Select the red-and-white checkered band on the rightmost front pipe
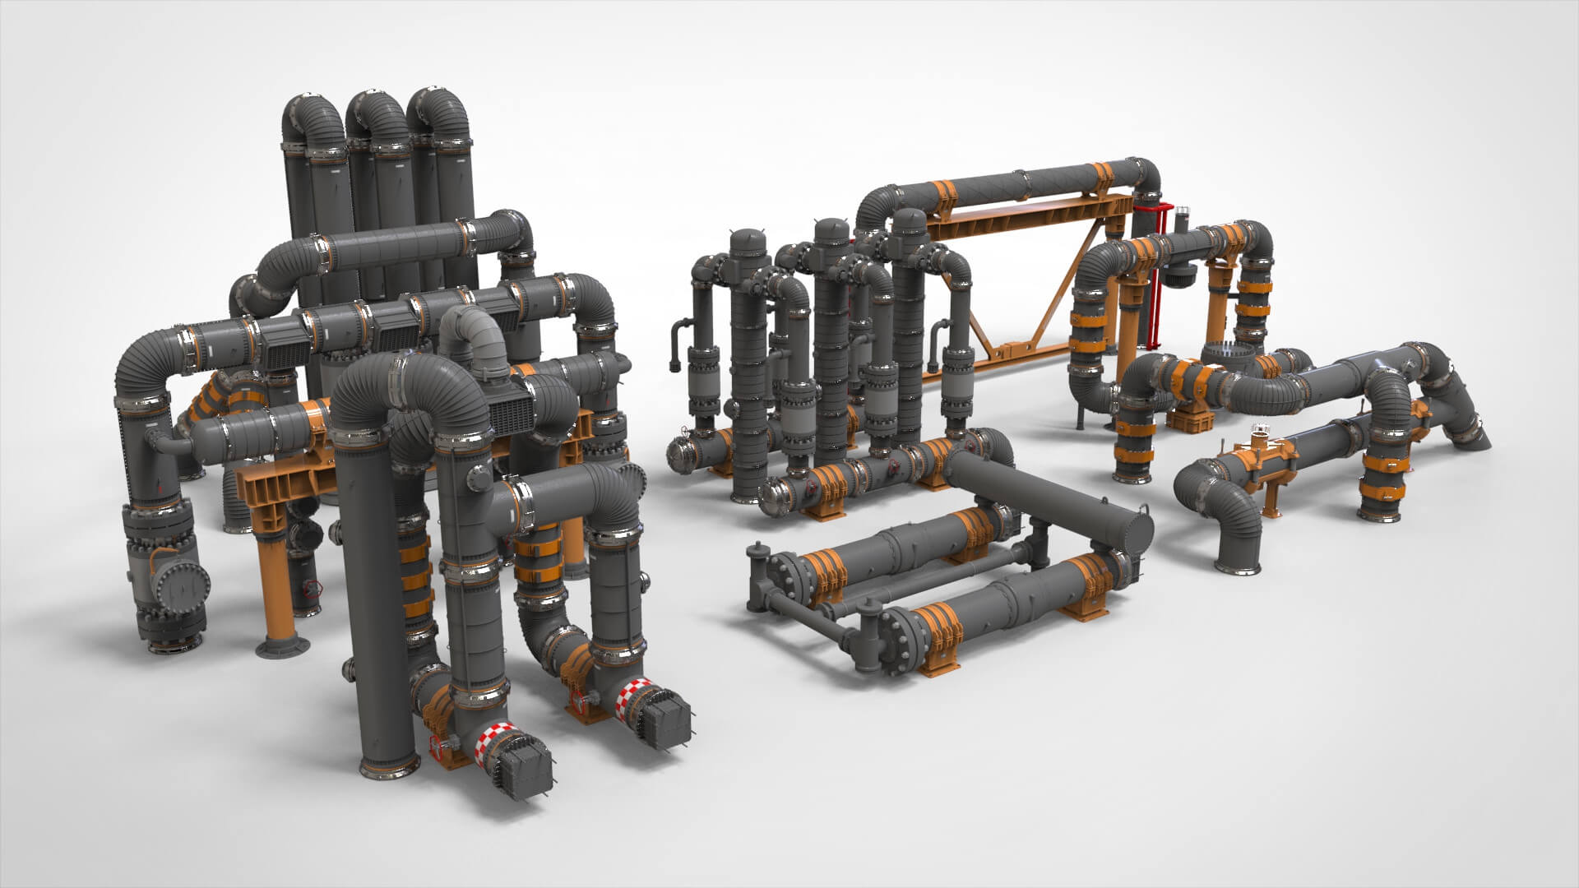click(x=634, y=697)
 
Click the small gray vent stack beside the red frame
click(x=1185, y=223)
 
